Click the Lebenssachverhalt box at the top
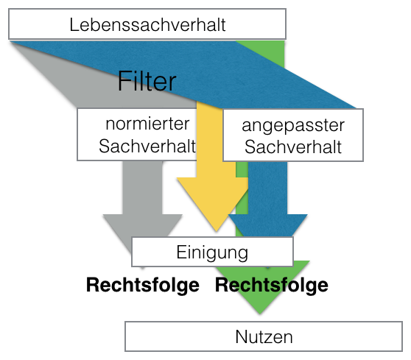click(x=147, y=24)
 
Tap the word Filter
click(x=147, y=80)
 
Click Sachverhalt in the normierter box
click(x=138, y=146)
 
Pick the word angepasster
click(x=293, y=126)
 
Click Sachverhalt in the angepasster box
click(x=293, y=147)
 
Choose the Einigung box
click(x=212, y=252)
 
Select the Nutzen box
click(x=264, y=337)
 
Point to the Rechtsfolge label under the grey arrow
click(x=143, y=285)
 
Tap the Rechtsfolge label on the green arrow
click(x=271, y=285)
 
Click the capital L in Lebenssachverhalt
click(x=74, y=24)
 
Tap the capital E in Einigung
click(x=180, y=252)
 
